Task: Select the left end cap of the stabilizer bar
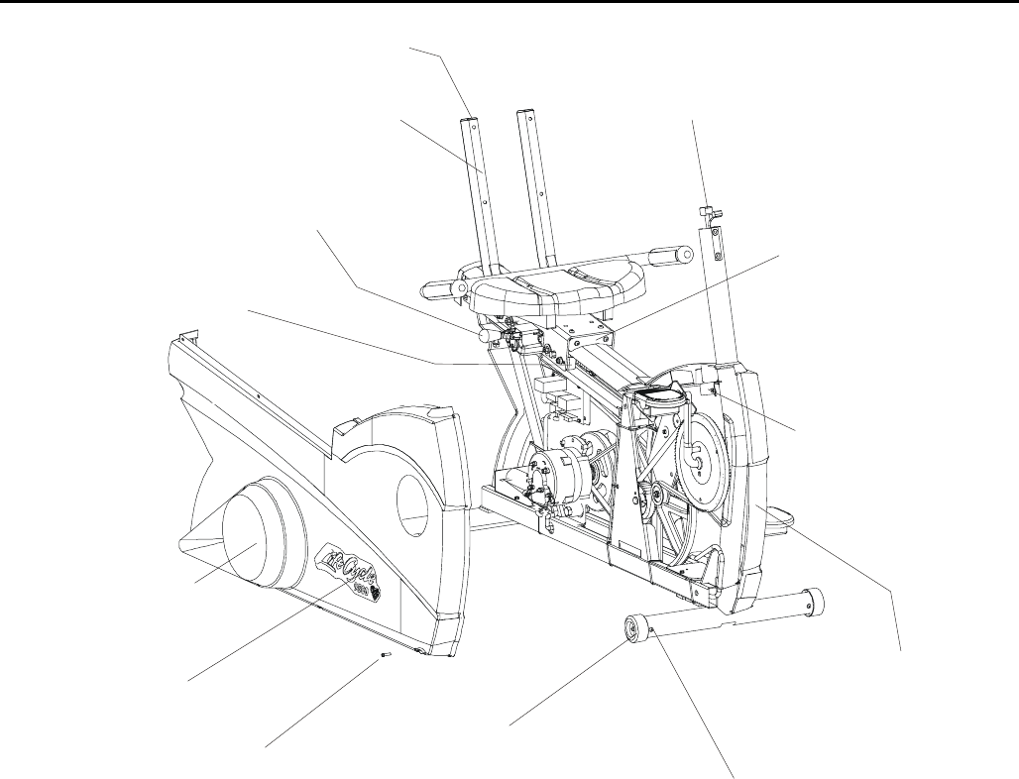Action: [x=633, y=630]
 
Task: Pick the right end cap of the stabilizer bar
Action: [x=816, y=599]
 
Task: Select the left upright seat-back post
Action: [x=479, y=188]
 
